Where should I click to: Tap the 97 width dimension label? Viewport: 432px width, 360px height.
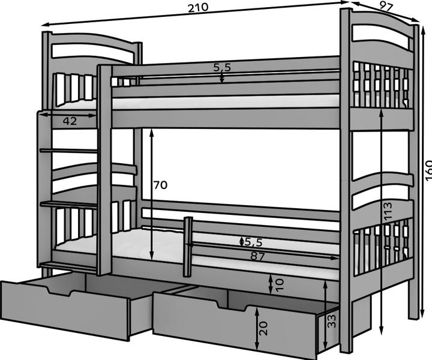click(x=386, y=7)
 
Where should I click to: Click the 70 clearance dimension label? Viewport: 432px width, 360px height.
click(x=160, y=185)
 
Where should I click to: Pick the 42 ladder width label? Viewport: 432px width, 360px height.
click(x=70, y=121)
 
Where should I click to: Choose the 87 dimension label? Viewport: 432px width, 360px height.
click(x=258, y=256)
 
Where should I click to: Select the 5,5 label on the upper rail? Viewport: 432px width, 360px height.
click(x=221, y=68)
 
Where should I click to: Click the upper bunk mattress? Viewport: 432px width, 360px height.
click(x=228, y=101)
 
